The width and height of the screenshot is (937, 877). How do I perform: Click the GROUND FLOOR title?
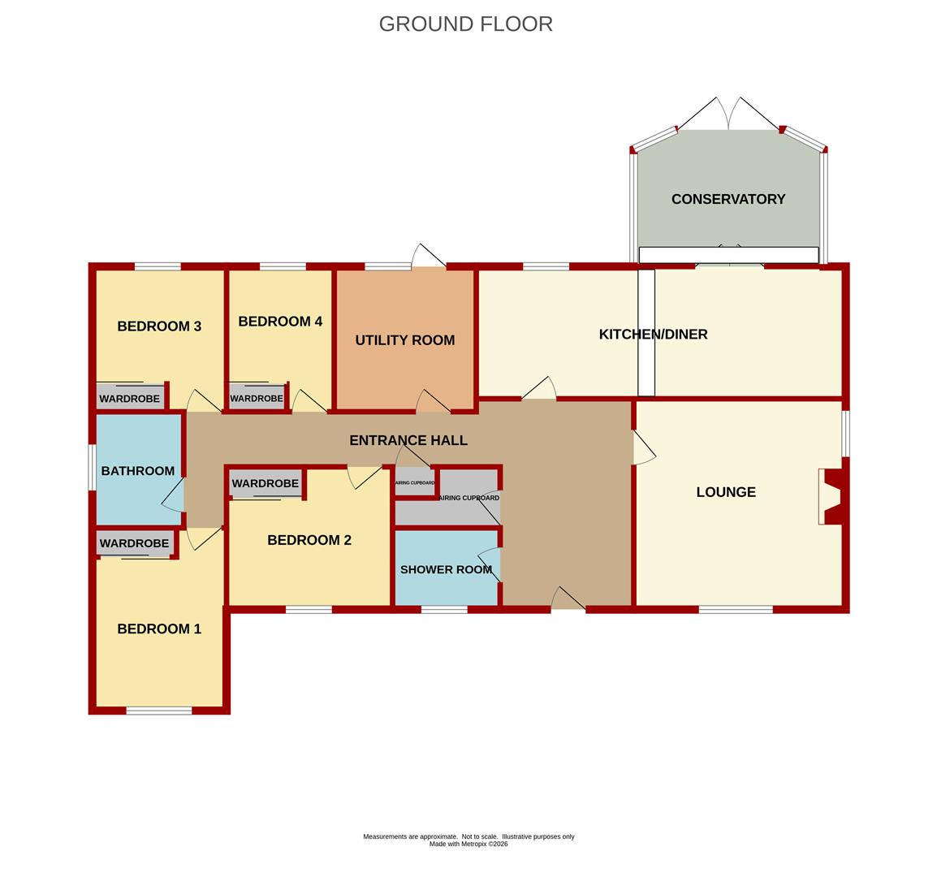[465, 24]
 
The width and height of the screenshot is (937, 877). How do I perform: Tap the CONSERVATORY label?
[728, 199]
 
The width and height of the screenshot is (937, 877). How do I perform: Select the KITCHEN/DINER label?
[653, 335]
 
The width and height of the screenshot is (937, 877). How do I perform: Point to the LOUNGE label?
[726, 492]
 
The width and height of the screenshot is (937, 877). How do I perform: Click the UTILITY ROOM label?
[404, 340]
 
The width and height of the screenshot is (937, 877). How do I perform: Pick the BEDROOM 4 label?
[280, 322]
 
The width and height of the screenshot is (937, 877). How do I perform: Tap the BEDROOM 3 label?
[159, 326]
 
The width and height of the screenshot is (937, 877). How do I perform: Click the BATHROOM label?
[138, 471]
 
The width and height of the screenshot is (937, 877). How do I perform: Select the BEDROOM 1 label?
[159, 629]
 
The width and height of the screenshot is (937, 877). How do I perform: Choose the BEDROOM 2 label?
[309, 541]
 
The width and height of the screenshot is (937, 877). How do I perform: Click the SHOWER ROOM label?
[447, 570]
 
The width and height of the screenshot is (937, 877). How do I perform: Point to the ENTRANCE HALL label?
[408, 441]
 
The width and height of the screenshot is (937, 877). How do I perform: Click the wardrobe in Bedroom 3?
[130, 397]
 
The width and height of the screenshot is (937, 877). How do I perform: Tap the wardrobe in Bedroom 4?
[257, 397]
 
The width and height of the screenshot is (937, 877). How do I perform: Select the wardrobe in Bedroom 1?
[135, 543]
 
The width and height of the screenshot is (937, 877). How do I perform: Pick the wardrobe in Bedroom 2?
[266, 484]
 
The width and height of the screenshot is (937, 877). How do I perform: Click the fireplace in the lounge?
[833, 496]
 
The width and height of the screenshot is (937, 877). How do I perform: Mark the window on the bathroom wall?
[93, 467]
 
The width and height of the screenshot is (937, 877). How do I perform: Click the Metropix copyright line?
[468, 845]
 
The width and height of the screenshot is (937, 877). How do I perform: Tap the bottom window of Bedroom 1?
[159, 711]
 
